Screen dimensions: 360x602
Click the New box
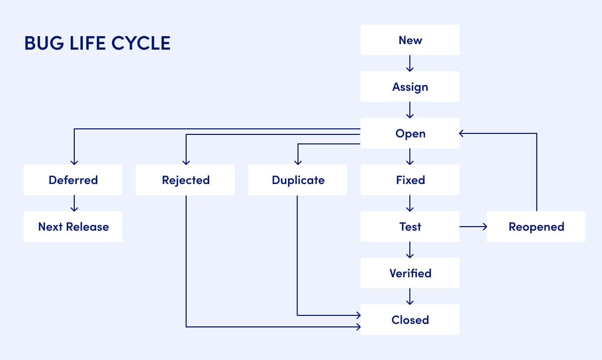click(410, 40)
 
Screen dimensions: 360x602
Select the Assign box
click(410, 87)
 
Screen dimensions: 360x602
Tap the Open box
click(410, 133)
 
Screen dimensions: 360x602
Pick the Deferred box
click(73, 180)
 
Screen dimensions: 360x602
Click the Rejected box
click(185, 180)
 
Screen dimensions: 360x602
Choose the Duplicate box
click(297, 180)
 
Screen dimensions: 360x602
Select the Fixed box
click(410, 180)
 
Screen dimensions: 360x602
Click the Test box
click(410, 227)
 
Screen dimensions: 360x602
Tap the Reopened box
click(536, 227)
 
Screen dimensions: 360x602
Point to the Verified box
click(410, 273)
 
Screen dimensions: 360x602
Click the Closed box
click(410, 320)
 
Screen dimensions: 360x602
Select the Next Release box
click(73, 227)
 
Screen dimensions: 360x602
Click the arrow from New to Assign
click(410, 63)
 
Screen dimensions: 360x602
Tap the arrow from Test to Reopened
click(473, 227)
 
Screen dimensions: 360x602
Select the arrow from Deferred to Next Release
click(74, 203)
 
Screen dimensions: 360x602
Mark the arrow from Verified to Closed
click(410, 296)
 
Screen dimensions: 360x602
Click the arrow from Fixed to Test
click(410, 203)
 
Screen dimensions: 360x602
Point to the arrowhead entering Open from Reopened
click(462, 133)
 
